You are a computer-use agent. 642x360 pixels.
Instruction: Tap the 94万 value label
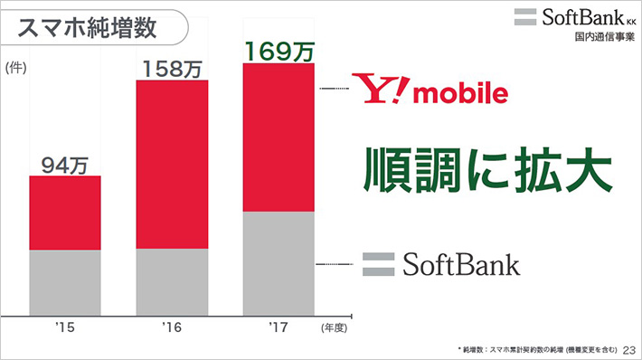(x=65, y=165)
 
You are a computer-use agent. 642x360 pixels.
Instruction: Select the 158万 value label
(x=172, y=69)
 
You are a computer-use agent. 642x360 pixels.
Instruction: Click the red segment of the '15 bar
(x=65, y=213)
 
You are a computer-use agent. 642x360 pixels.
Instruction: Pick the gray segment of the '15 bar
(x=65, y=281)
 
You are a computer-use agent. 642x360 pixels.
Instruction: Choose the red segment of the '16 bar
(x=172, y=164)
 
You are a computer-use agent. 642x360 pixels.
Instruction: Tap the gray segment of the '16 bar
(x=172, y=281)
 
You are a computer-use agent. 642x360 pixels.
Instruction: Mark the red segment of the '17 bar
(x=279, y=137)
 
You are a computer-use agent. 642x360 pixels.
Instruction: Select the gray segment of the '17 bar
(x=279, y=263)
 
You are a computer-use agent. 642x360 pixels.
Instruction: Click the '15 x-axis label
(x=64, y=324)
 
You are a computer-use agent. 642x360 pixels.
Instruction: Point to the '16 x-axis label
(x=172, y=324)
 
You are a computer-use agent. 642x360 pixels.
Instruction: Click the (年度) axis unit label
(x=334, y=326)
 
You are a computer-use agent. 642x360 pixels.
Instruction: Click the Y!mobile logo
(x=430, y=91)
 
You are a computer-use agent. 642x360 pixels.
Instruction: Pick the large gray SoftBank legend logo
(x=441, y=264)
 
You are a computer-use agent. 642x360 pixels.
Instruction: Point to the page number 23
(x=628, y=348)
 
